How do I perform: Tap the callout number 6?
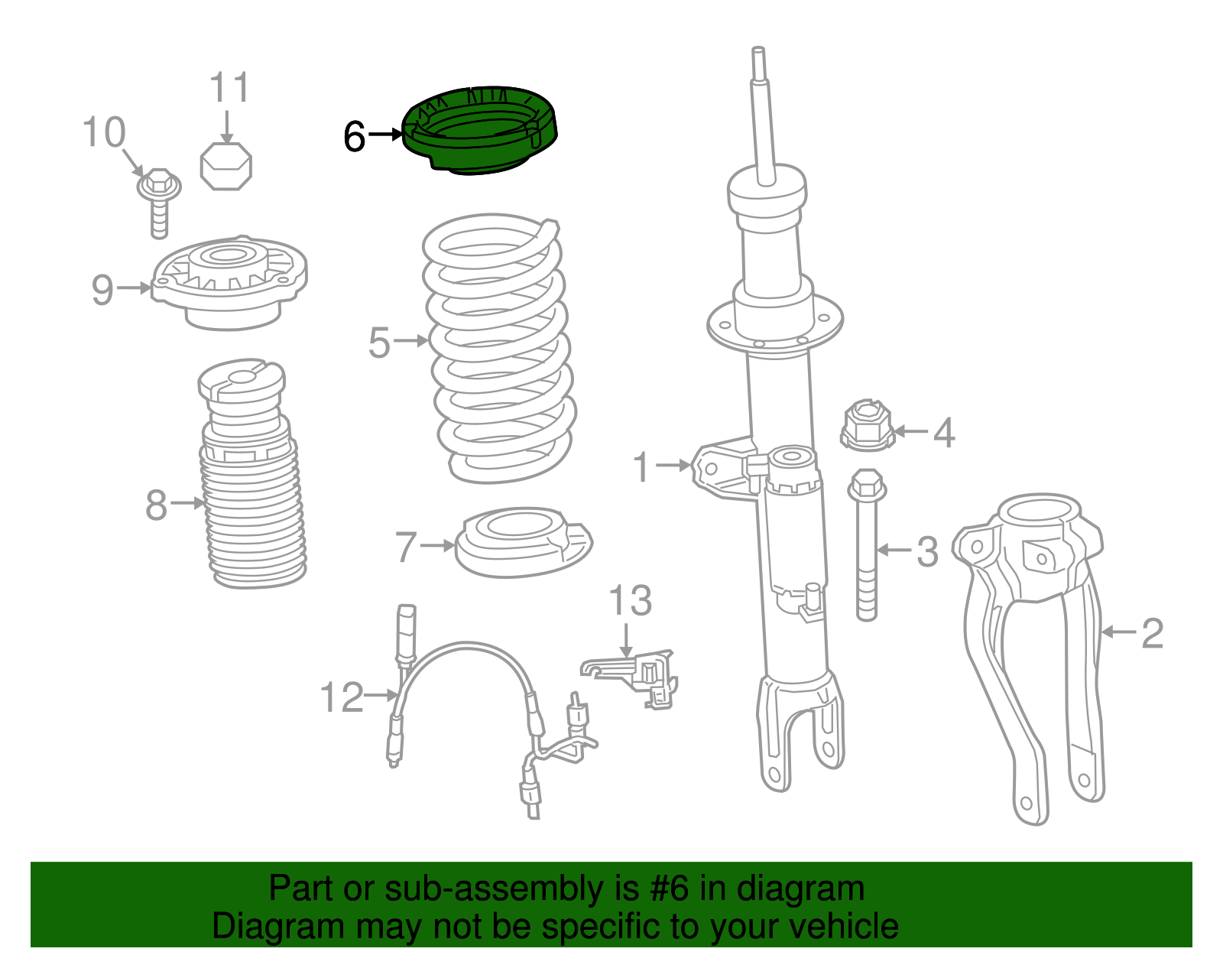354,138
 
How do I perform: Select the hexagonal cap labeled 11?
225,166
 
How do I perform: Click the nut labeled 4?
867,427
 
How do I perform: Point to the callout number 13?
630,601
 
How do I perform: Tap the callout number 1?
642,467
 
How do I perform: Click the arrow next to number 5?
411,341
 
